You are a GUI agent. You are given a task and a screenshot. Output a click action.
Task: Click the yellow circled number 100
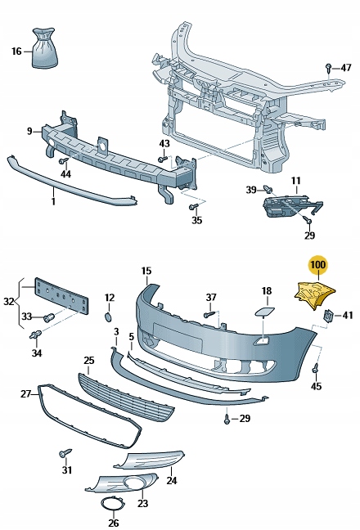pyautogui.click(x=317, y=265)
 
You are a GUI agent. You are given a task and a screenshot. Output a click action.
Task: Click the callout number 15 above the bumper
pyautogui.click(x=146, y=271)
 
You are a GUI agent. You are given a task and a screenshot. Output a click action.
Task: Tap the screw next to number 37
pyautogui.click(x=208, y=312)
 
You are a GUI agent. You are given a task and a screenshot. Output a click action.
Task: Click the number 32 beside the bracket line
pyautogui.click(x=7, y=301)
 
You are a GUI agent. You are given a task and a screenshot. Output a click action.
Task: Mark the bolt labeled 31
pyautogui.click(x=63, y=451)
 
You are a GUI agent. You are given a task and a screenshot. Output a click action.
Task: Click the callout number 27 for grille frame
pyautogui.click(x=25, y=394)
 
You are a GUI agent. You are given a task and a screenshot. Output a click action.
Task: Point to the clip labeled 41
pyautogui.click(x=329, y=316)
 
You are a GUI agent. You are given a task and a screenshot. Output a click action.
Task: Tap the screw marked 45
pyautogui.click(x=316, y=370)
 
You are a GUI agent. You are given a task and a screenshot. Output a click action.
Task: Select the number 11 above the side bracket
pyautogui.click(x=295, y=181)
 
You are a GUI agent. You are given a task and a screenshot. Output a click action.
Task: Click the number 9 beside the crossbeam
pyautogui.click(x=29, y=131)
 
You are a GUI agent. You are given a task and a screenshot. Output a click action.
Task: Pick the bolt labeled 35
pyautogui.click(x=196, y=207)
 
